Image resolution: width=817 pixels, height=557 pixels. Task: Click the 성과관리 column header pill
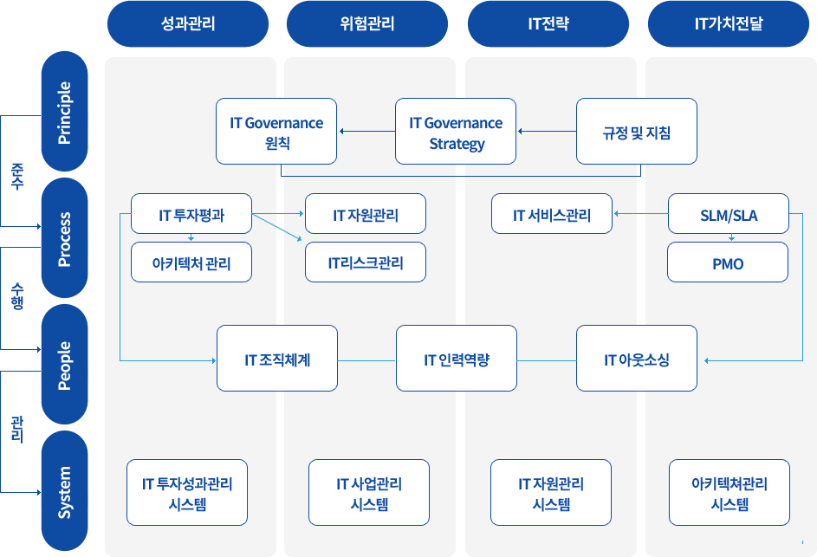click(x=188, y=24)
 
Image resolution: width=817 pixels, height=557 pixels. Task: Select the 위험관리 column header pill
click(x=367, y=24)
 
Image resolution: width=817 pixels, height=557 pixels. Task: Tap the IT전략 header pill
click(x=548, y=24)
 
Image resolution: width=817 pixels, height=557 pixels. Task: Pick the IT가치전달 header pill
click(x=729, y=24)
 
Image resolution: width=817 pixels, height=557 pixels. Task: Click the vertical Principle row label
click(x=65, y=112)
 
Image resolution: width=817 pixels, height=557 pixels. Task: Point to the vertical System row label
click(x=65, y=491)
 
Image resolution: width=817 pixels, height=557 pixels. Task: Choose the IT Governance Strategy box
click(x=456, y=132)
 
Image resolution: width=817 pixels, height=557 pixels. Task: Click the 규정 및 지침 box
click(x=637, y=132)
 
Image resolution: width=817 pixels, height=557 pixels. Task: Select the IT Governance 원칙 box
click(x=276, y=132)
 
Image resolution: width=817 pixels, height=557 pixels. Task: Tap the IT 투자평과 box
click(x=191, y=214)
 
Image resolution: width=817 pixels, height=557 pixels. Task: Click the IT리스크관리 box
click(x=366, y=262)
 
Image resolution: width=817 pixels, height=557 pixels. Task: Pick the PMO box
click(x=728, y=262)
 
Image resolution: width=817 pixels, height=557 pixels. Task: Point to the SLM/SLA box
click(x=729, y=214)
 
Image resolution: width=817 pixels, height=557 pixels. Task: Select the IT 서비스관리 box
click(x=552, y=214)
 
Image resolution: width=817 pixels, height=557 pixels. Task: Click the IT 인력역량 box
click(x=457, y=359)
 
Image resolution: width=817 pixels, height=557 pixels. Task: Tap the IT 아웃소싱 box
click(x=637, y=359)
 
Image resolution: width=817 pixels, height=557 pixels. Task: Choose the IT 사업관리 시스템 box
click(x=369, y=492)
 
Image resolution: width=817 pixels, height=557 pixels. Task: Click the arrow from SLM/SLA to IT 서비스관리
click(x=641, y=214)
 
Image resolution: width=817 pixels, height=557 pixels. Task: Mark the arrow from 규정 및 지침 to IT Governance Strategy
click(x=547, y=132)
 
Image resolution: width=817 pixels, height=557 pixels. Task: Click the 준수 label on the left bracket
click(x=17, y=176)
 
